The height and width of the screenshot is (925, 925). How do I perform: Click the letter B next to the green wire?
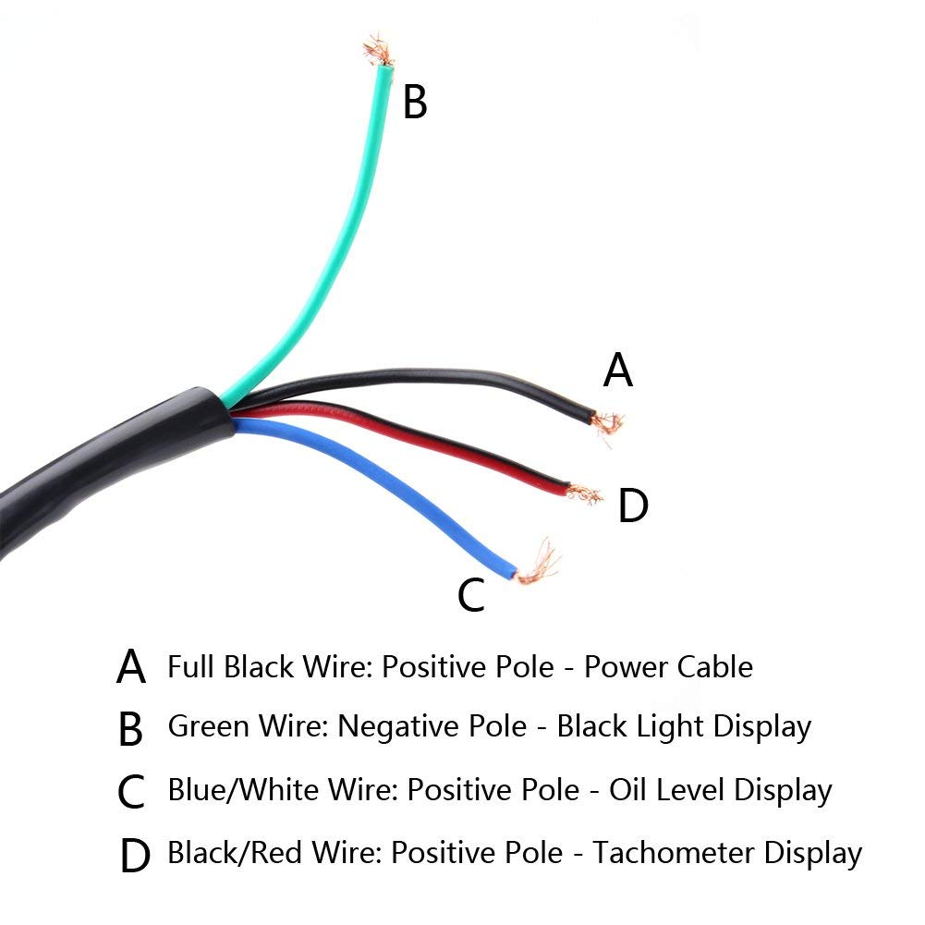(415, 102)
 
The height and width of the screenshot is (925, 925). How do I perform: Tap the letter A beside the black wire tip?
(617, 370)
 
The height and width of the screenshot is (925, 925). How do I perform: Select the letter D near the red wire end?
(633, 505)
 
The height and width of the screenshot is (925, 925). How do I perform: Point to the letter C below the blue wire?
(470, 595)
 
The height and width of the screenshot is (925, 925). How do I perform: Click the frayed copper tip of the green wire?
(378, 51)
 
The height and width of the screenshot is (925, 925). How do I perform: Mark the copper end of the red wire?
(584, 494)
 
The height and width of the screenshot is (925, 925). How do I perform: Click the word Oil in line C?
(627, 789)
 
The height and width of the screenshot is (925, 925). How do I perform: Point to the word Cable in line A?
(715, 667)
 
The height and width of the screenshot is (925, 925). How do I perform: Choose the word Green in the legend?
(208, 725)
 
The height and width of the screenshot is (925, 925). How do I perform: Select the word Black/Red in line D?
(235, 853)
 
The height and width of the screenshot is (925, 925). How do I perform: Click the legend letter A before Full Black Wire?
(131, 666)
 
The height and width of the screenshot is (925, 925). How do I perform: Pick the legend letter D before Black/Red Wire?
(135, 856)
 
